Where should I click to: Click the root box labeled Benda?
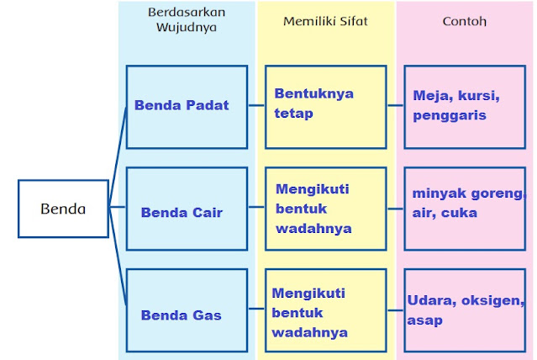[63, 209]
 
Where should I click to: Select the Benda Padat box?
[187, 106]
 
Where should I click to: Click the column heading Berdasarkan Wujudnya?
[187, 19]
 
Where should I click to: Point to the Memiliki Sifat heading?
[325, 20]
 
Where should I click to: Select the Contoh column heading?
[464, 20]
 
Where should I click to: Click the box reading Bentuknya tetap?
[325, 106]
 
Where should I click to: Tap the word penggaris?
[450, 116]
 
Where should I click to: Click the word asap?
[424, 320]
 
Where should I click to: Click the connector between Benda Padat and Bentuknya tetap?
[256, 106]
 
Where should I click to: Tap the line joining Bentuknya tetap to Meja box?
[395, 106]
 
